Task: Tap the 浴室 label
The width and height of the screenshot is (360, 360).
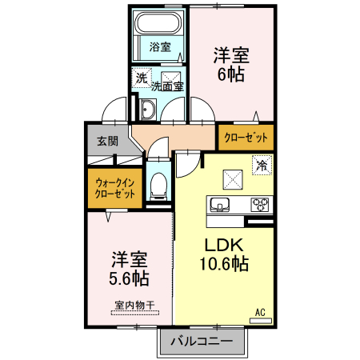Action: tap(160, 47)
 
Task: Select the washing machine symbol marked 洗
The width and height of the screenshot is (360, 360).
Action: tap(142, 78)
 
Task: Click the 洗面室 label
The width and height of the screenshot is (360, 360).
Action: tap(167, 86)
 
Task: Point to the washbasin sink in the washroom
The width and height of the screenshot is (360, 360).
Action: tap(148, 110)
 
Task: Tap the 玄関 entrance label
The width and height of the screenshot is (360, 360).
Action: tap(107, 141)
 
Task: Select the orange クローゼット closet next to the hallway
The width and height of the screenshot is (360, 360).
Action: tap(246, 138)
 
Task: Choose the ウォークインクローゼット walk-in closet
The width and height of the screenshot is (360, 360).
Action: tap(115, 188)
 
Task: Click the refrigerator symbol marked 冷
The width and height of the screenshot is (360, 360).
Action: tap(262, 166)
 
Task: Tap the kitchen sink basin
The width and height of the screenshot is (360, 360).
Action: tap(219, 205)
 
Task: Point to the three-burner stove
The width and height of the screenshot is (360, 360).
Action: tap(259, 205)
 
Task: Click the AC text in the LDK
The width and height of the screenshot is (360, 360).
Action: tap(260, 312)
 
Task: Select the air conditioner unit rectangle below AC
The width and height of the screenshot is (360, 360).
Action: tap(261, 321)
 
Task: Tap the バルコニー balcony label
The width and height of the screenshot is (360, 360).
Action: tap(202, 341)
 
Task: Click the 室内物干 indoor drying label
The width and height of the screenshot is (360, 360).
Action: tap(134, 305)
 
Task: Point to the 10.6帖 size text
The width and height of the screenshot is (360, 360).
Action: tap(224, 264)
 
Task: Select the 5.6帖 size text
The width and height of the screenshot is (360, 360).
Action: tap(129, 278)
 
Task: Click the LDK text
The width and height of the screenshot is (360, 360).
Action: tap(224, 245)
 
